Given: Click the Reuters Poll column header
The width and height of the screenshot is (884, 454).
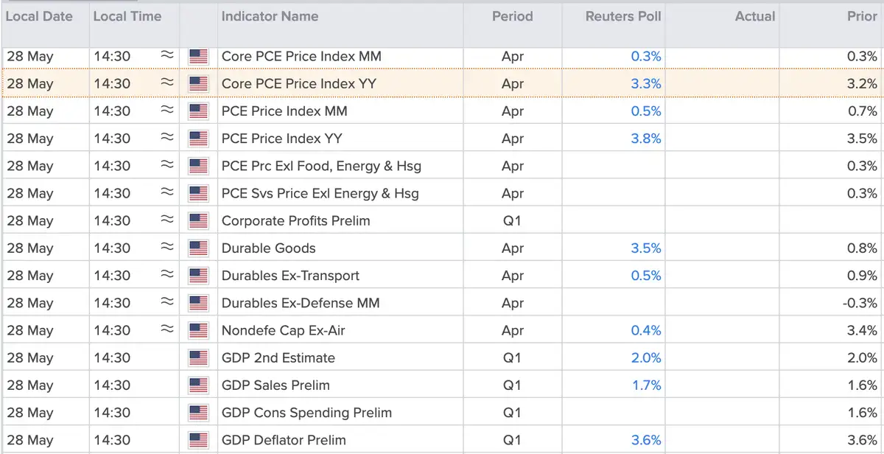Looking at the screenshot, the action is click(x=622, y=16).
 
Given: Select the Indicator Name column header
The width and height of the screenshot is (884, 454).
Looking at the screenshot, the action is click(x=270, y=16).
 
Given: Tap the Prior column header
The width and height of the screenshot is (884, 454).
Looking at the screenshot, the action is click(x=862, y=16).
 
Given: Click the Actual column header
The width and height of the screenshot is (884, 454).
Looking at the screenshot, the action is click(x=755, y=16).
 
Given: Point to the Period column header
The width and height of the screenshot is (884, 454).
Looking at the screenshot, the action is click(x=512, y=16).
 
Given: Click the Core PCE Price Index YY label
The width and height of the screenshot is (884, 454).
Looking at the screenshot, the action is click(x=299, y=84).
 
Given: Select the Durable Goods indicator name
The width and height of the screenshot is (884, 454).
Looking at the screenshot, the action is click(x=268, y=248).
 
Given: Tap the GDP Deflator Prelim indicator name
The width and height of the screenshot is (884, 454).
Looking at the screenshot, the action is click(x=284, y=440).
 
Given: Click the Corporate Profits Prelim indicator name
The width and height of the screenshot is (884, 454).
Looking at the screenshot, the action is click(x=295, y=220).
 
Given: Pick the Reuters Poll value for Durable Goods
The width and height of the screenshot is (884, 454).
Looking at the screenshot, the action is click(x=645, y=248).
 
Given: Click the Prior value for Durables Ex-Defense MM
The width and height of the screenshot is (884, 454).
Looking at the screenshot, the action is click(x=860, y=303).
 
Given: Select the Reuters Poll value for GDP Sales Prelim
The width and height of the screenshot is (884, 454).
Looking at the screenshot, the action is click(x=647, y=385).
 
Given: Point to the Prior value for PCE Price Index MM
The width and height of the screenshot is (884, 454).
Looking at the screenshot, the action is click(x=863, y=111).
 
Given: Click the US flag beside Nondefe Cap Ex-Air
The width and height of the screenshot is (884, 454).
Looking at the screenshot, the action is click(x=198, y=330).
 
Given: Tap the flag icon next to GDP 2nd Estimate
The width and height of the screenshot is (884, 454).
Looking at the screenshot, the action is click(x=198, y=357).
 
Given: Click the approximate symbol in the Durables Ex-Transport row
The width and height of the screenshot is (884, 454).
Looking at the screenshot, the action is click(x=167, y=273).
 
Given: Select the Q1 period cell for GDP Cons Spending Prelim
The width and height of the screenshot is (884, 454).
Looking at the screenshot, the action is click(x=512, y=413).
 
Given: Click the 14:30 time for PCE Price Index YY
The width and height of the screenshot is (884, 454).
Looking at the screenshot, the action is click(x=112, y=139).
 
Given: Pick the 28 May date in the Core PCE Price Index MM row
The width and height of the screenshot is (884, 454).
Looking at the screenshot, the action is click(x=30, y=57).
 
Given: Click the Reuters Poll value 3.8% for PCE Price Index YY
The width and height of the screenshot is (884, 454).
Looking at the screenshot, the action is click(x=645, y=139).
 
